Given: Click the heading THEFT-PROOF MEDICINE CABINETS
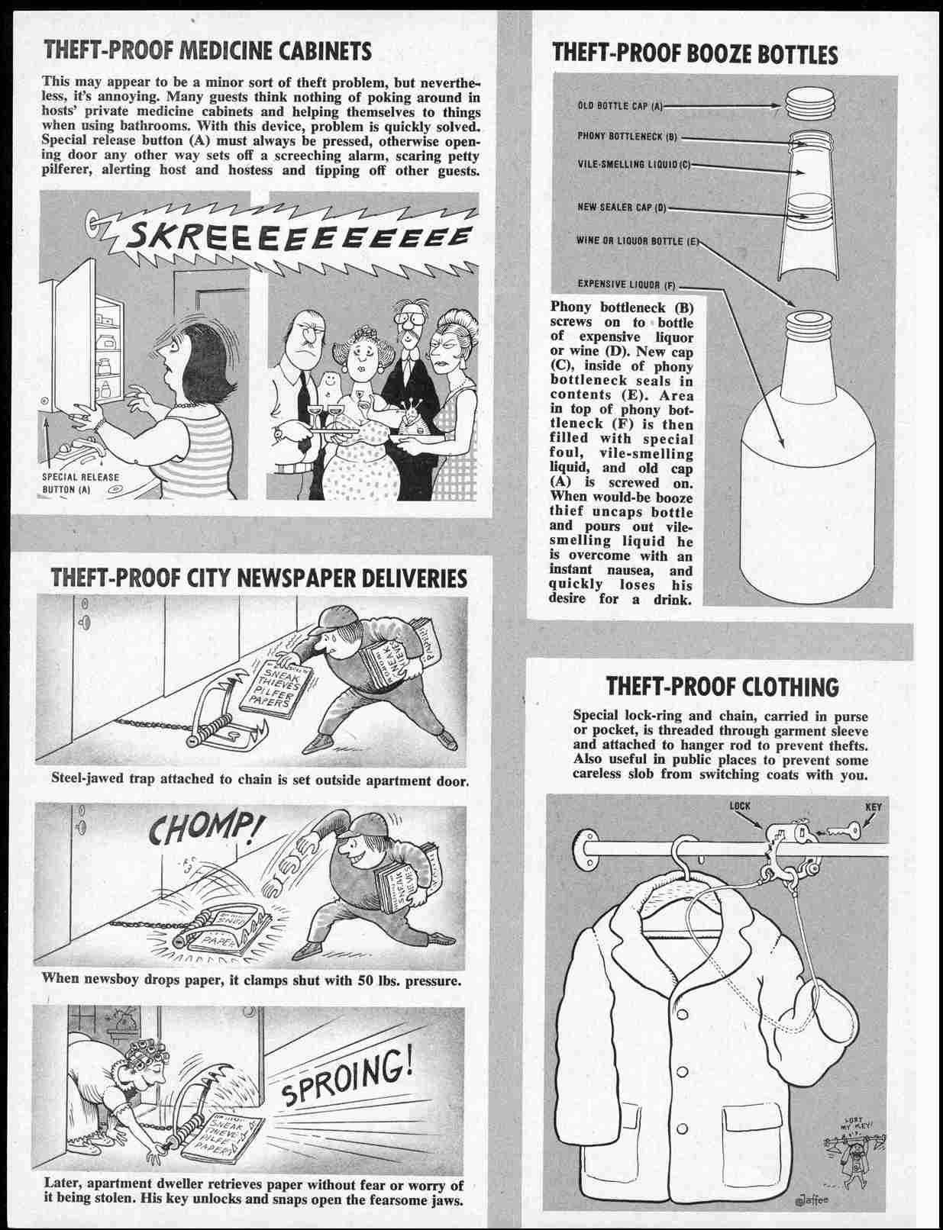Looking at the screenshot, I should pyautogui.click(x=208, y=51).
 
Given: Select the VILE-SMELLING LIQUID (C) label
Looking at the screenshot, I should pyautogui.click(x=633, y=165).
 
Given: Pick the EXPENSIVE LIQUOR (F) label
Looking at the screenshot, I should pyautogui.click(x=626, y=285).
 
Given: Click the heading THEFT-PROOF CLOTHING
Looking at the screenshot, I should pyautogui.click(x=722, y=687).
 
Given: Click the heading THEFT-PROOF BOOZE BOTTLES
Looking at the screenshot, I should pyautogui.click(x=694, y=53).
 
